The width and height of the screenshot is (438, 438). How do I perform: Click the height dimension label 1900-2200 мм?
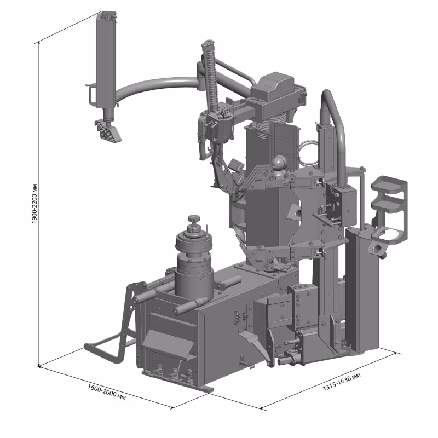(x=34, y=204)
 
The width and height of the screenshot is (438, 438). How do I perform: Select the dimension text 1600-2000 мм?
(x=106, y=392)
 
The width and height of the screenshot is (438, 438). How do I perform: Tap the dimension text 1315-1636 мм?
(x=341, y=382)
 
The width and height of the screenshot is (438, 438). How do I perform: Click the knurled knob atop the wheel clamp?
(x=193, y=219)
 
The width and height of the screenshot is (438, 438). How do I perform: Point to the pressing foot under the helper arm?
(x=108, y=131)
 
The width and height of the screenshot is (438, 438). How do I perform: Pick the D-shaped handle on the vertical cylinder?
(x=91, y=94)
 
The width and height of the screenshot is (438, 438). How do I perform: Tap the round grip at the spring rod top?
(x=208, y=44)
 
